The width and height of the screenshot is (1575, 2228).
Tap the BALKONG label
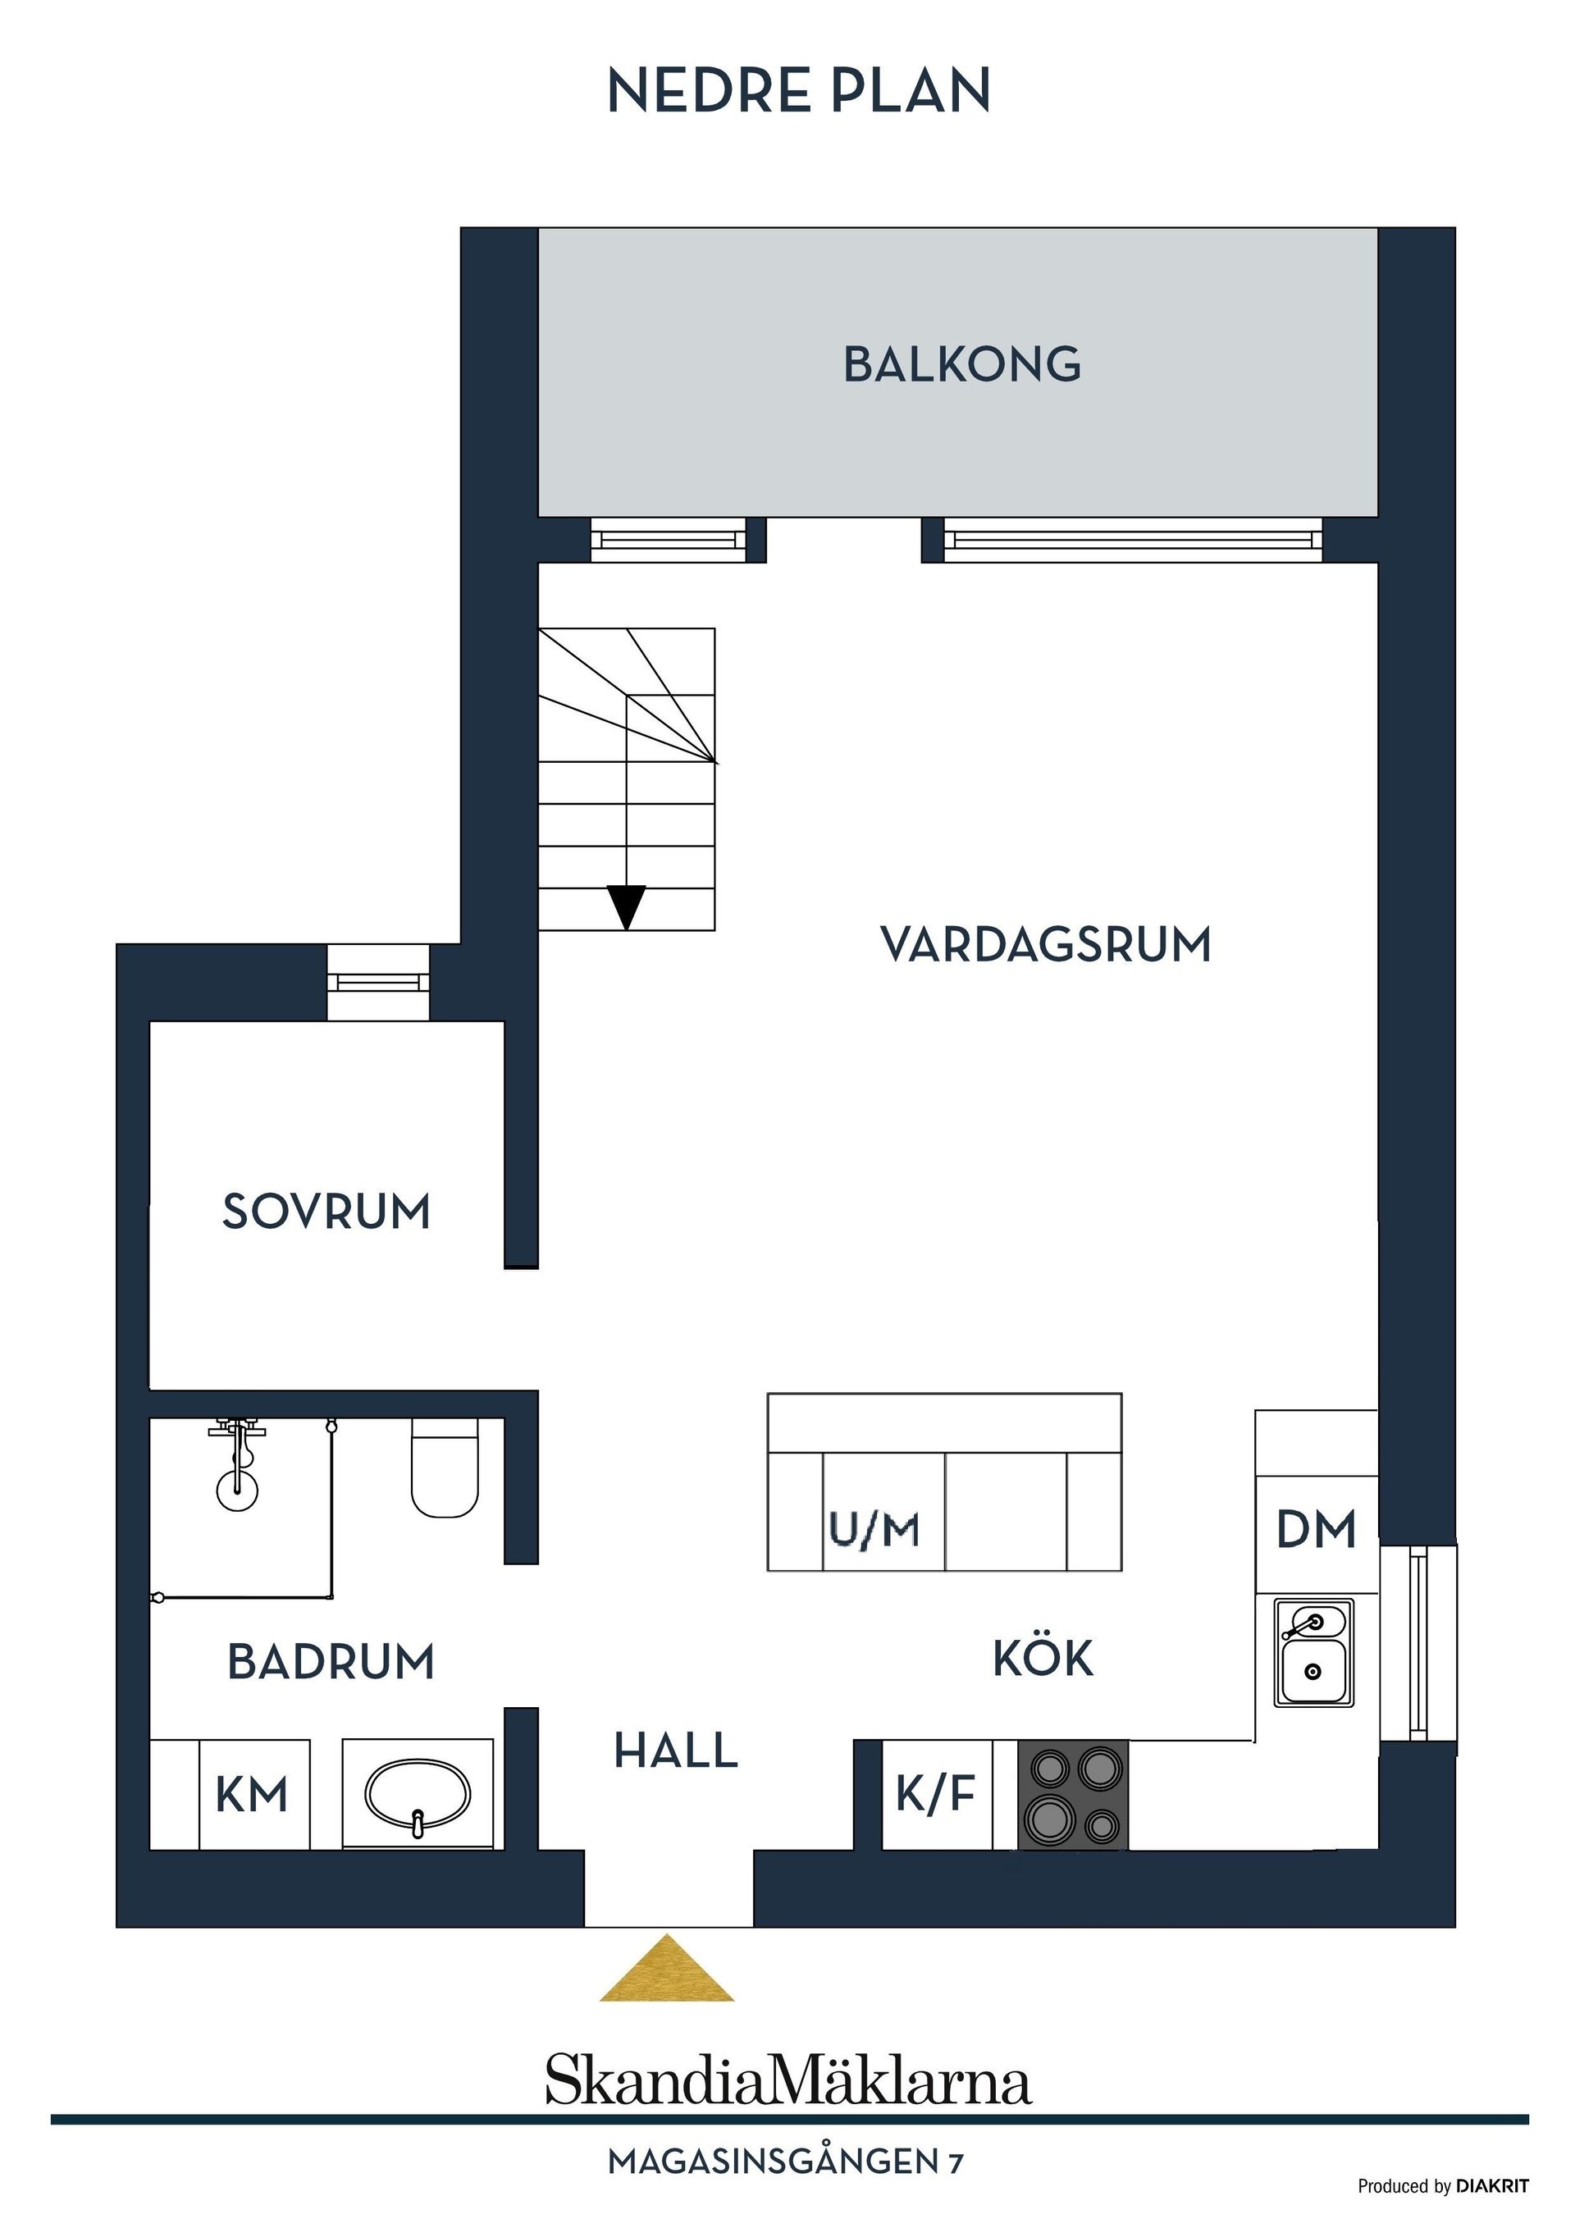coord(961,365)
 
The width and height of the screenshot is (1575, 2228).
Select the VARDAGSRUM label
coord(1045,944)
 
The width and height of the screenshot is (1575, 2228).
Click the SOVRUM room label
coord(326,1211)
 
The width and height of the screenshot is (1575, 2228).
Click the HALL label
coord(675,1751)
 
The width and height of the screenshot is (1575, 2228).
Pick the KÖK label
coord(1043,1659)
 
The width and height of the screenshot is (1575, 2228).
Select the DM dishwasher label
coord(1316,1530)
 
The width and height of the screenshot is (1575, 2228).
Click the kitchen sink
coord(1313,1654)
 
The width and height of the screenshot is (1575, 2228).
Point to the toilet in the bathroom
coord(445,1468)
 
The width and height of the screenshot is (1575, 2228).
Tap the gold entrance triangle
coord(667,1968)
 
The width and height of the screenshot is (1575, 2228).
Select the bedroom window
coord(377,982)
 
